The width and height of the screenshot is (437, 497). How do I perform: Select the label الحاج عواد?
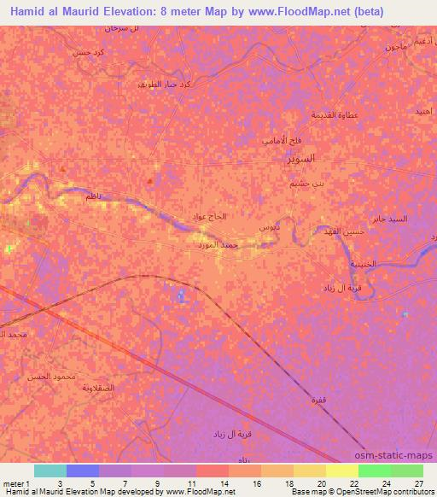210,216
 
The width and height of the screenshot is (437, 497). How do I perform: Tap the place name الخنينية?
362,264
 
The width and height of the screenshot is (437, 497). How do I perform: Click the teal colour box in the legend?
50,471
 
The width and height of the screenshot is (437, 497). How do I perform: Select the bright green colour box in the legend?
374,471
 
